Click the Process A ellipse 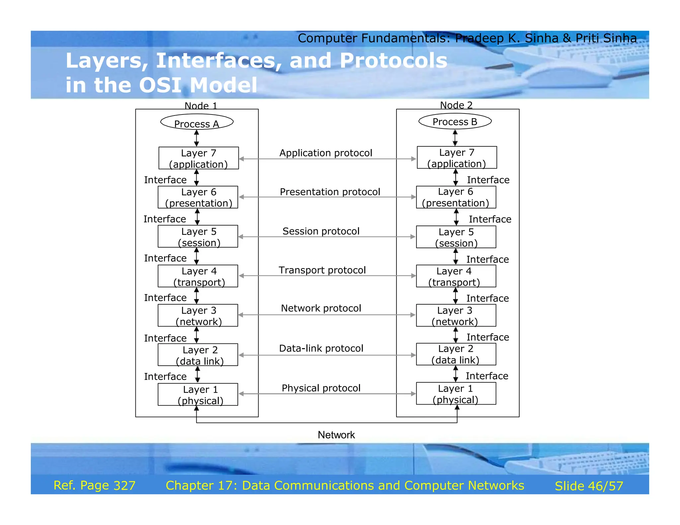[x=197, y=122]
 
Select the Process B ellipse [x=455, y=121]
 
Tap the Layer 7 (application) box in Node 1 [x=199, y=158]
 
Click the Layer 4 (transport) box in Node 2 [x=456, y=276]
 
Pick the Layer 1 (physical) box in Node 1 [x=198, y=395]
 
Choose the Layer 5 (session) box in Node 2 [x=456, y=237]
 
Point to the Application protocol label [x=326, y=153]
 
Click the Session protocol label [x=321, y=231]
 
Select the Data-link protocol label [x=321, y=348]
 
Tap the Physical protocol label [x=321, y=388]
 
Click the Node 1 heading [x=201, y=106]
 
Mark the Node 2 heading [x=456, y=105]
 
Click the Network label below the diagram [x=336, y=435]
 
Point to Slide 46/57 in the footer [x=589, y=486]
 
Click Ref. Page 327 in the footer [x=94, y=486]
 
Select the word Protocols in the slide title [x=393, y=61]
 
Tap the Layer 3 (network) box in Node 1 [x=198, y=316]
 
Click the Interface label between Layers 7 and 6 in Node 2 [x=488, y=180]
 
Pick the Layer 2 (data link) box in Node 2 [x=456, y=354]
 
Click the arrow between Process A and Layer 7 [x=197, y=138]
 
